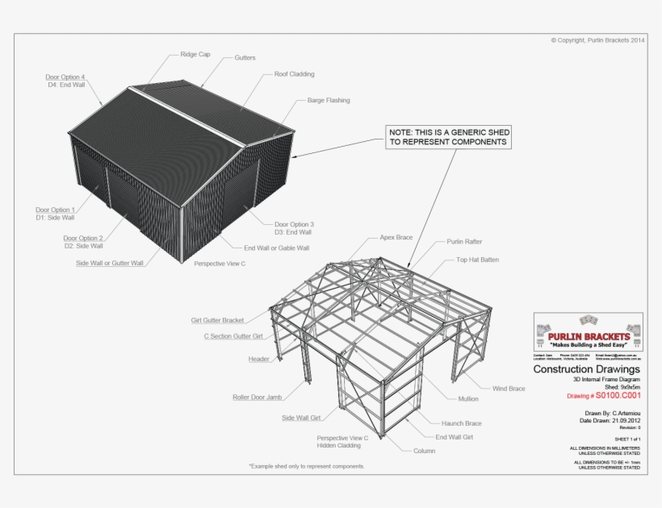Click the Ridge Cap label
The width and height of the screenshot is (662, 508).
tap(195, 55)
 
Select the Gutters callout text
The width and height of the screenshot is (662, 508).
tap(245, 58)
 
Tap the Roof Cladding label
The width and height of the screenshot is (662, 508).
tap(295, 74)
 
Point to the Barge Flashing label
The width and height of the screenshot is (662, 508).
tap(329, 101)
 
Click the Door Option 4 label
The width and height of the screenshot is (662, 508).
tap(65, 81)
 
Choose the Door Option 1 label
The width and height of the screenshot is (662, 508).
tap(55, 213)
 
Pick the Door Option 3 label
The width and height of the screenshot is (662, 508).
tap(294, 228)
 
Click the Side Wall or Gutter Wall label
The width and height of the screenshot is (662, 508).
tap(109, 263)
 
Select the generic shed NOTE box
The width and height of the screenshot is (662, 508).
tap(448, 136)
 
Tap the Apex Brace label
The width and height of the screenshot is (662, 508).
tap(396, 238)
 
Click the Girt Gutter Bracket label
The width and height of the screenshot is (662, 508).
tap(217, 320)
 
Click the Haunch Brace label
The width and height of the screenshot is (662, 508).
tap(461, 423)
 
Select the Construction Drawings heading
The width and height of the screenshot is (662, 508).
tap(586, 369)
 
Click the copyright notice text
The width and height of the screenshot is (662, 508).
tap(597, 40)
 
